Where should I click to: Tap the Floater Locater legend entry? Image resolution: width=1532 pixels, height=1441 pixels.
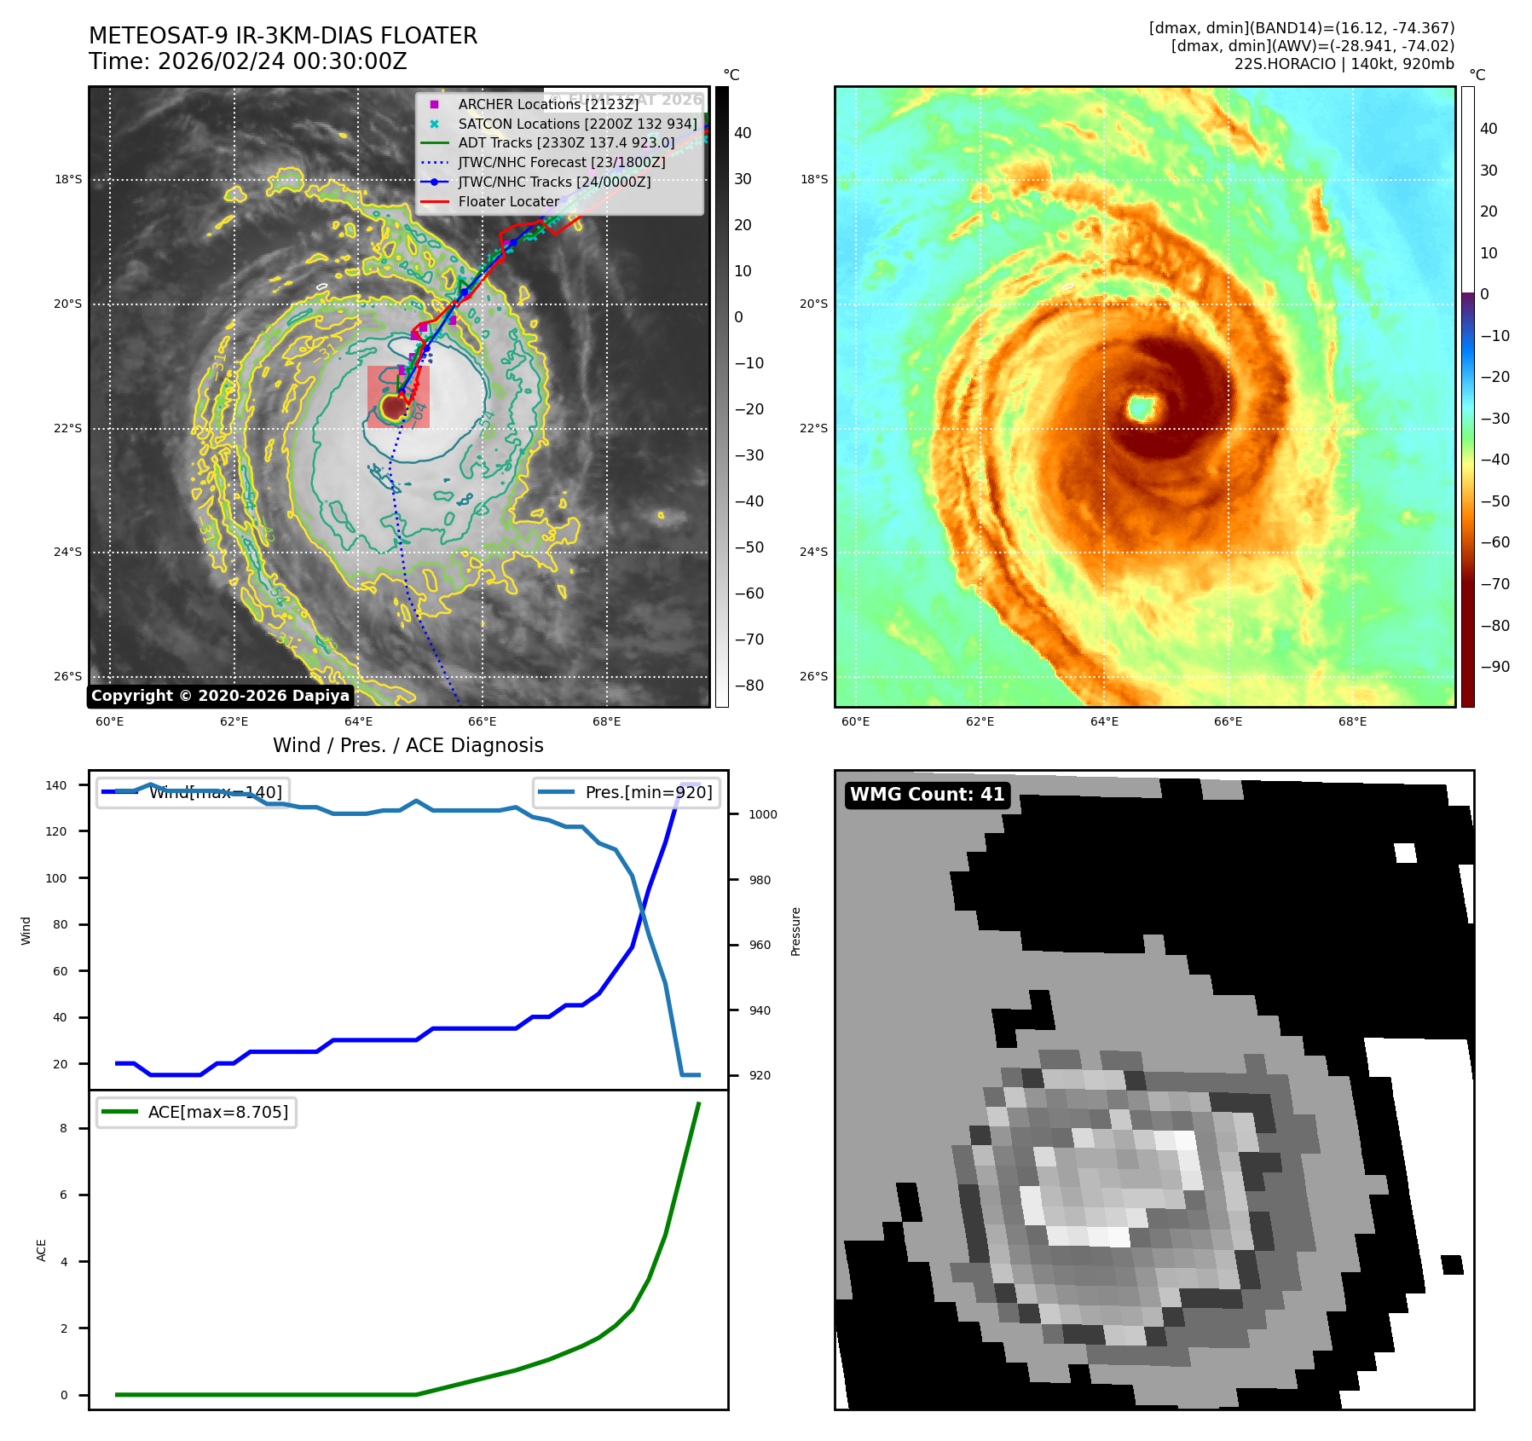508,201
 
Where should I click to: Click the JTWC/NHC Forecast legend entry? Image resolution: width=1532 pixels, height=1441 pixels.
561,162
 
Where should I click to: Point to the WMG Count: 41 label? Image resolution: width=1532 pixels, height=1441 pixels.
927,795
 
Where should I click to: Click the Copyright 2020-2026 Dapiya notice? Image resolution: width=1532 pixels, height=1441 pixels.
220,696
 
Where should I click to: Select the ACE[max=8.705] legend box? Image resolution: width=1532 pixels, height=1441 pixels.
197,1112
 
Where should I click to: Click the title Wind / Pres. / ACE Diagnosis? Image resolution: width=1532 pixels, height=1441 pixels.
408,745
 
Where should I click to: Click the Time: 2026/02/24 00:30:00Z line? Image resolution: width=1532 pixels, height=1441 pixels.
247,61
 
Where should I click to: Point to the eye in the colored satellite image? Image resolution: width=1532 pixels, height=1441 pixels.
1141,407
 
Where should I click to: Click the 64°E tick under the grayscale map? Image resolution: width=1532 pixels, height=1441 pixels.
358,721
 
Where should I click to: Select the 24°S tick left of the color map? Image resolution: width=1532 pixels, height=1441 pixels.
813,552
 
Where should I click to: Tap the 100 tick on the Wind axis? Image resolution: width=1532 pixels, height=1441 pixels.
56,878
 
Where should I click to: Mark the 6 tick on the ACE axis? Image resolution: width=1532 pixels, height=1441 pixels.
64,1195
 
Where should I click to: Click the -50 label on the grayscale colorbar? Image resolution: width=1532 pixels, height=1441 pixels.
749,547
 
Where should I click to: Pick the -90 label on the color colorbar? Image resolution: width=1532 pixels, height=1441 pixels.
1494,667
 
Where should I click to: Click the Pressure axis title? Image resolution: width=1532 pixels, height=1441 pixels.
795,931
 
